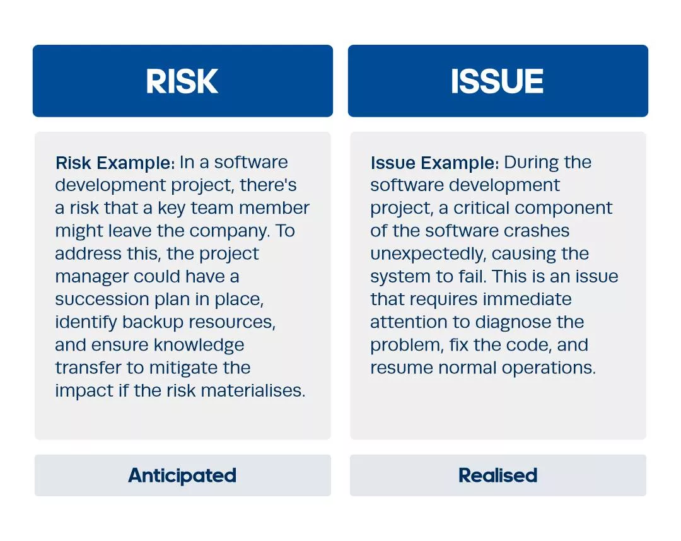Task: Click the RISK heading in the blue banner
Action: click(x=182, y=81)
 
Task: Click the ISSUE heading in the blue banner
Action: click(x=497, y=81)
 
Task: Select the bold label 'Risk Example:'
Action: click(x=115, y=163)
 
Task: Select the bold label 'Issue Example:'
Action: click(x=434, y=163)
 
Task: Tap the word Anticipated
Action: click(x=182, y=475)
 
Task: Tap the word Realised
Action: click(x=498, y=475)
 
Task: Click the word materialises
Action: click(x=253, y=390)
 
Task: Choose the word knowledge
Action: click(x=199, y=345)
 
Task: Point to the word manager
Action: click(x=91, y=277)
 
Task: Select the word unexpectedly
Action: click(x=428, y=254)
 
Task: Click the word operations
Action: click(x=549, y=368)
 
